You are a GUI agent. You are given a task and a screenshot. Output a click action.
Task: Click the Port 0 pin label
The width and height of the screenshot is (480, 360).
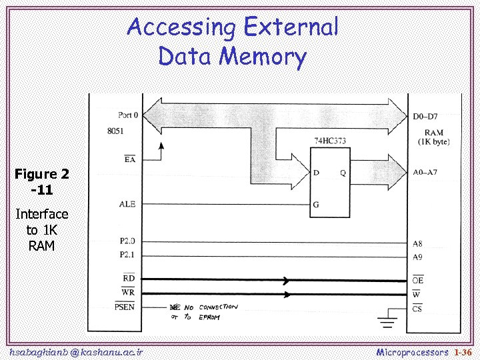coord(128,115)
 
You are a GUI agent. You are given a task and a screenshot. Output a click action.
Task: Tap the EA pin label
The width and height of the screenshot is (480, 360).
coord(129,159)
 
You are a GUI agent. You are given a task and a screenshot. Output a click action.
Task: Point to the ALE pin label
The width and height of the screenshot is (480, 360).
coord(127,204)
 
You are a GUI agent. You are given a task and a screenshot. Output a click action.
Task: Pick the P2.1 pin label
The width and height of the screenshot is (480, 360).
coord(127,255)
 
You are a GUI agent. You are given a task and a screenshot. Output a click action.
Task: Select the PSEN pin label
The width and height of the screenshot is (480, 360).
coord(125,307)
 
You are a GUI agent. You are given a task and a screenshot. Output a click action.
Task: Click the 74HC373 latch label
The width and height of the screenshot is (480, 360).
coord(330,141)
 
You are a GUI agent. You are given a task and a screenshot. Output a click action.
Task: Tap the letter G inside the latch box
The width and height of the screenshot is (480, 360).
coord(315,205)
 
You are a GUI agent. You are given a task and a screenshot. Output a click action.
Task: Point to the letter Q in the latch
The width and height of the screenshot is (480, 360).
coord(343,173)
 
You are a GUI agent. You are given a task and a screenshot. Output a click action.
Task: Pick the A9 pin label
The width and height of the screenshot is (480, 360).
coord(417,257)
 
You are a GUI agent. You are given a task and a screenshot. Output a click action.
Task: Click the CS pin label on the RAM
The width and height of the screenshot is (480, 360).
coord(417,309)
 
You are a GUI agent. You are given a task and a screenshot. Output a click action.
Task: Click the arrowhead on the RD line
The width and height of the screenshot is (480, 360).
coord(286,280)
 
